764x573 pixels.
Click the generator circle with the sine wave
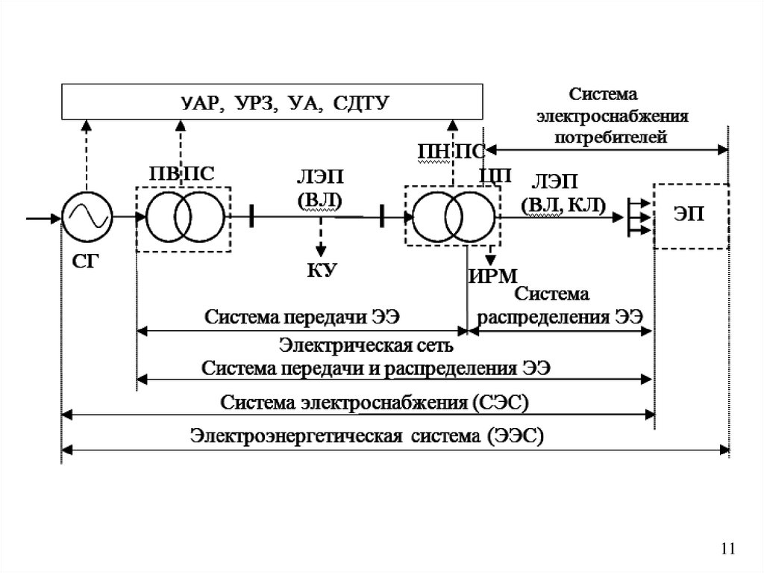tap(87, 217)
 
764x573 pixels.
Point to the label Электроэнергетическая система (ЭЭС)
tap(367, 436)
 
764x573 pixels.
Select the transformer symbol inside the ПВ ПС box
tap(184, 217)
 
